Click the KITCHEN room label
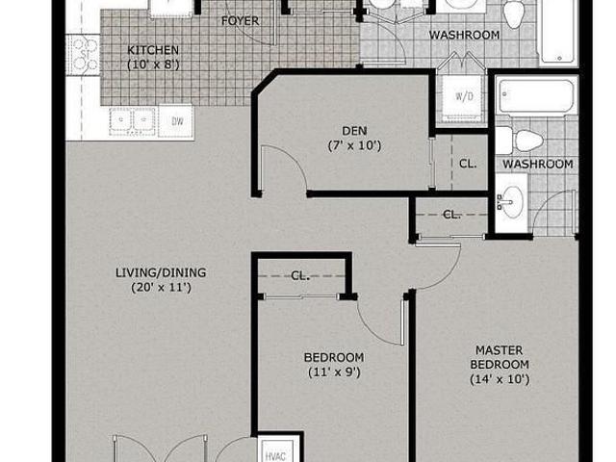coord(153,50)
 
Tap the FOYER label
coord(240,21)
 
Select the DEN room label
coord(354,131)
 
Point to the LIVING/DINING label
coord(161,272)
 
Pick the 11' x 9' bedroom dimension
coord(334,372)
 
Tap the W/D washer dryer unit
coord(464,96)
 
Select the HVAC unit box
coord(279,450)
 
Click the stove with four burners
coord(84,55)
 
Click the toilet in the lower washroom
coord(520,140)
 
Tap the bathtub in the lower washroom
coord(536,95)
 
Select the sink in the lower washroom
coord(510,202)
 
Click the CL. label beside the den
coord(468,164)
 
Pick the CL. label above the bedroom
coord(300,276)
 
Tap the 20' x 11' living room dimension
coord(161,288)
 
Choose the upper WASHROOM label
coord(464,35)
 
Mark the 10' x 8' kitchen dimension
coord(153,64)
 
